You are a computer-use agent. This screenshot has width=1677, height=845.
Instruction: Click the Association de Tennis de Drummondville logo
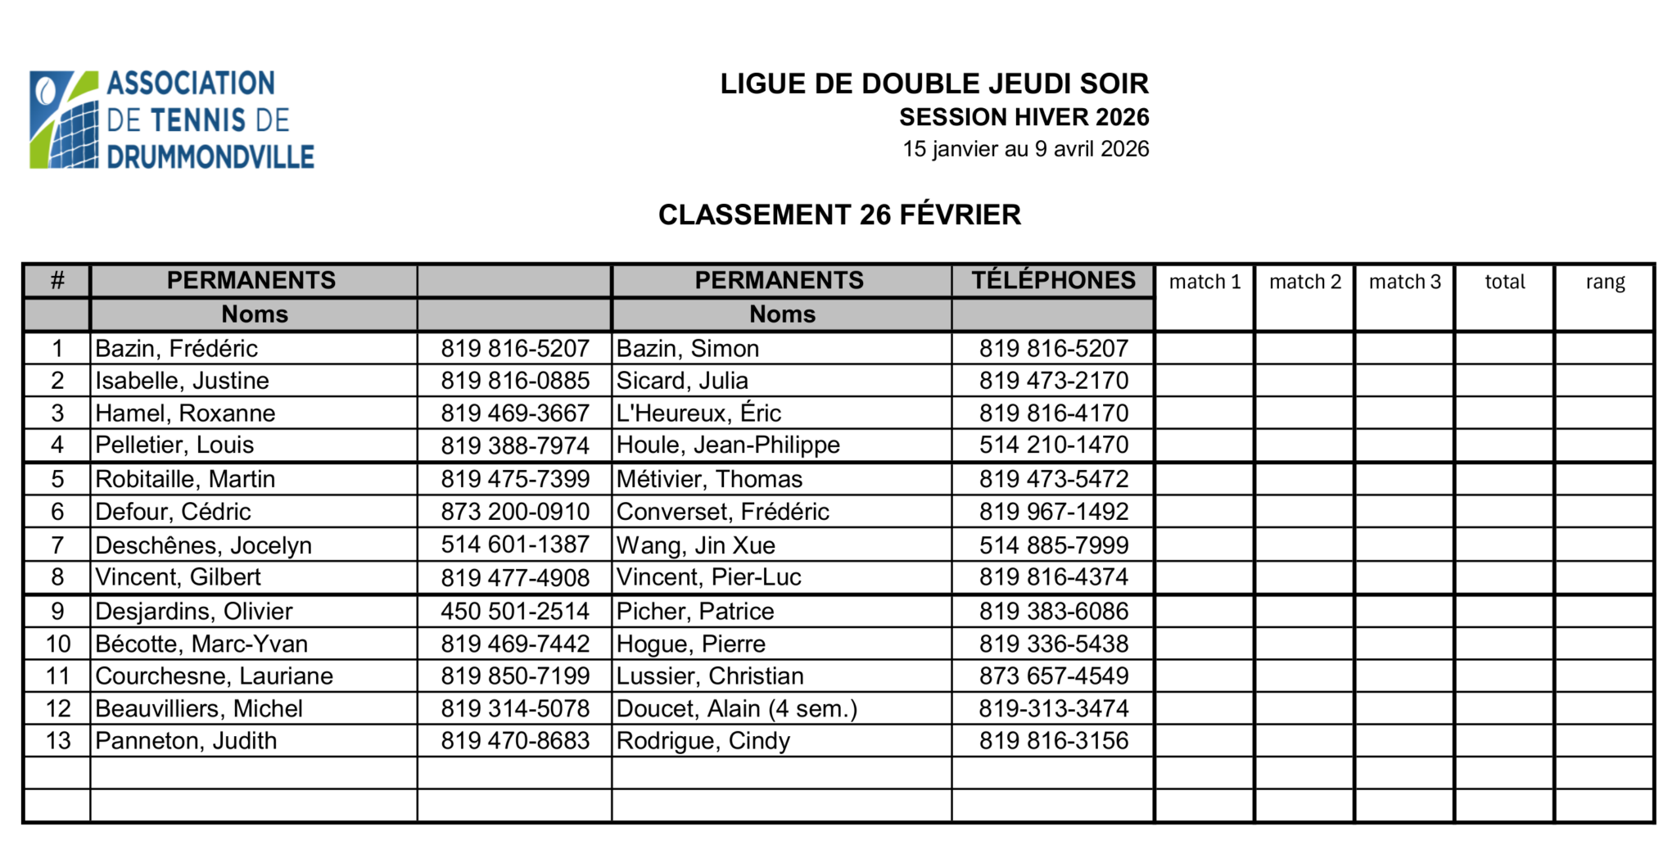172,120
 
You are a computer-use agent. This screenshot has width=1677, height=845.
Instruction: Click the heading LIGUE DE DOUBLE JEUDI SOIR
934,84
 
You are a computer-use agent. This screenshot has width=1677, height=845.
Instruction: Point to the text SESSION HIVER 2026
1024,118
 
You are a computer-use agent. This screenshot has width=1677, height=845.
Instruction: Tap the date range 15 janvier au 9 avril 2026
1025,149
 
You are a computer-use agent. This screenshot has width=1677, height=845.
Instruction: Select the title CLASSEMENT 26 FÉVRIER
839,215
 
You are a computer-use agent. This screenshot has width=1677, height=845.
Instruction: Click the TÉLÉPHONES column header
1053,280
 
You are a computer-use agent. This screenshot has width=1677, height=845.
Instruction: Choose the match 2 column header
1304,282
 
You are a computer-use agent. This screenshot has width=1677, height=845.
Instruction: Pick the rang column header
1604,282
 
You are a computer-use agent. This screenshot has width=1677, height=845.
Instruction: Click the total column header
1504,282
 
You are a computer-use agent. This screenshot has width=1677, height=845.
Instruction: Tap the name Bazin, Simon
688,349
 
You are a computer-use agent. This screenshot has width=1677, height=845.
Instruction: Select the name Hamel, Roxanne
185,413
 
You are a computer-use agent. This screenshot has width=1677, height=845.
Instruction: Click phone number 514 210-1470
1053,445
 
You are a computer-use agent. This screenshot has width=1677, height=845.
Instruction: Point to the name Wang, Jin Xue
695,545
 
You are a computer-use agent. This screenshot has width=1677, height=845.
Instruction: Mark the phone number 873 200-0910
515,512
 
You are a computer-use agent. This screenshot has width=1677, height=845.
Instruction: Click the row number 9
57,612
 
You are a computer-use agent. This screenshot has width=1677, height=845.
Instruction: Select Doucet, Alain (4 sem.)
736,709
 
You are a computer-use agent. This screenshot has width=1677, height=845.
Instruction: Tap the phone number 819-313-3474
1053,709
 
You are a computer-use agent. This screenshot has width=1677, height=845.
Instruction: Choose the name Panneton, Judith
186,741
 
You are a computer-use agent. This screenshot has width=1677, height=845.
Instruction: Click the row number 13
57,741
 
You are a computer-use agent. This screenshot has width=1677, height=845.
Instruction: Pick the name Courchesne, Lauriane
214,676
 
